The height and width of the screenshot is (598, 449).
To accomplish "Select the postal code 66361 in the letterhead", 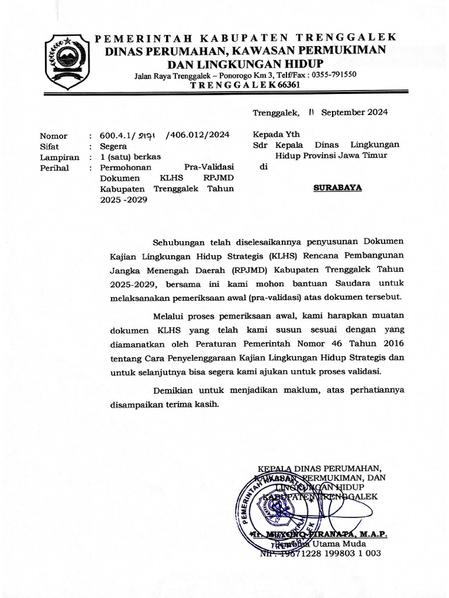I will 286,85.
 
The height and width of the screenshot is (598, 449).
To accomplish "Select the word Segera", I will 114,146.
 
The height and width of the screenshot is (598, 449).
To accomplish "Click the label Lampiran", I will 59,157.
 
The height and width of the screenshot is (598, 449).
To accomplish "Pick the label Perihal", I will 54,168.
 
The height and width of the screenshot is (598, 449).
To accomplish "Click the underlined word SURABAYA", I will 338,188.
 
